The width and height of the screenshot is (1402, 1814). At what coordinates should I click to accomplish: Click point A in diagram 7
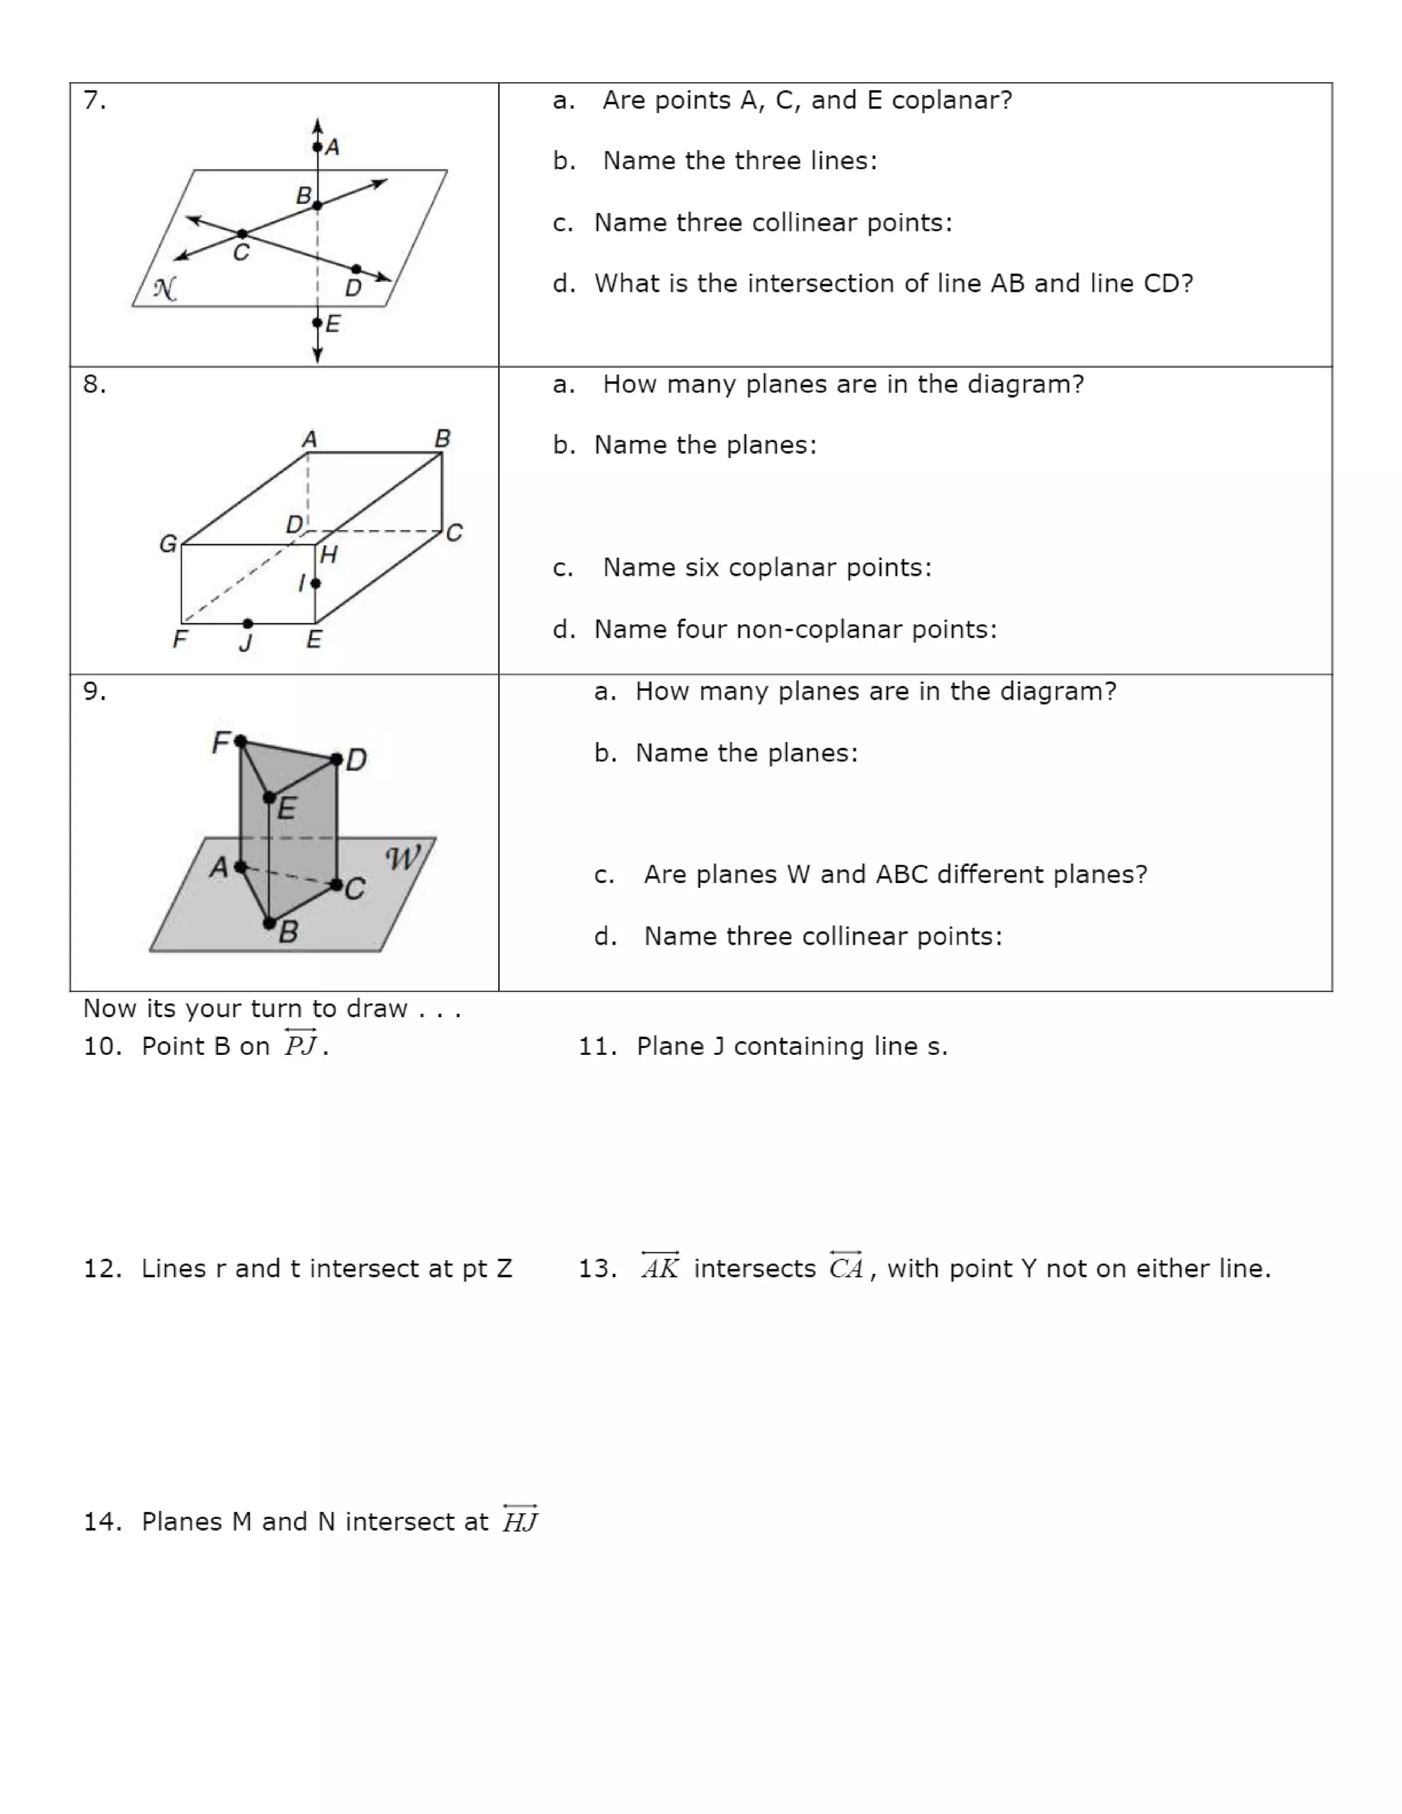tap(317, 147)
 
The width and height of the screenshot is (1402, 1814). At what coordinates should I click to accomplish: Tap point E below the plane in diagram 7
tap(317, 322)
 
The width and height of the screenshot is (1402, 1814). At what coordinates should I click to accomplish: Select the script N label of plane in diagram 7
tap(164, 289)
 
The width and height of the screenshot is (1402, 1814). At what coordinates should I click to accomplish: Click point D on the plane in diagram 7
tap(356, 269)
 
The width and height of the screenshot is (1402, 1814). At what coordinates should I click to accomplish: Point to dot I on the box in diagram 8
tap(315, 584)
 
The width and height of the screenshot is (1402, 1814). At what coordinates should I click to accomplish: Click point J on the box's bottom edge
tap(248, 623)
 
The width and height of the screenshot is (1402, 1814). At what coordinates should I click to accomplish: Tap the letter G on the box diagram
tap(168, 544)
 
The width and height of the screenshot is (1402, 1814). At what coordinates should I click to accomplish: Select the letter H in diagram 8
tap(329, 555)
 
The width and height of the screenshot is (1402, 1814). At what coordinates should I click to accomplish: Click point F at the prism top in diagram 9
tap(240, 740)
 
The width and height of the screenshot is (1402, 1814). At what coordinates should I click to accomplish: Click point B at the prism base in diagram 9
tap(269, 922)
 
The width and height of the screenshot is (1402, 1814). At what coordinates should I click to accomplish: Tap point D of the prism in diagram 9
tap(336, 758)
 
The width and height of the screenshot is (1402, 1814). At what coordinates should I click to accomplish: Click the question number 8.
tap(94, 385)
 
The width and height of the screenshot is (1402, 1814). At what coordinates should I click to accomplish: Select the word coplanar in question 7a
tap(951, 101)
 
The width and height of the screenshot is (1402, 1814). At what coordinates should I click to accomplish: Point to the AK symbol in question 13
tap(661, 1266)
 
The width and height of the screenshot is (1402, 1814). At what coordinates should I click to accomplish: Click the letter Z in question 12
tap(504, 1268)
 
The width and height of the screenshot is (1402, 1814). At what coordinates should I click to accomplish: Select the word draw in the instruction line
tap(377, 1008)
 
